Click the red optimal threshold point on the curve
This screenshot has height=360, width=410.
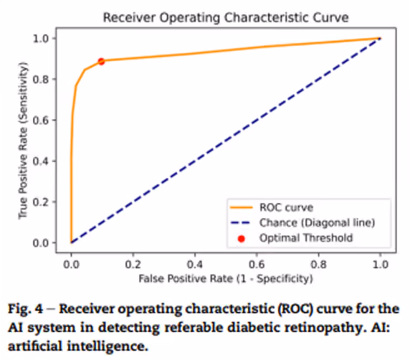tap(101, 62)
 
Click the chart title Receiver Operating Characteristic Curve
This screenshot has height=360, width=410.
tap(226, 18)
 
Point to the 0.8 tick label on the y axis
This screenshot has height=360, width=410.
tap(41, 80)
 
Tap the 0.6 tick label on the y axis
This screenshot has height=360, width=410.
tap(41, 120)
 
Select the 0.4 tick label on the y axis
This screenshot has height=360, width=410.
tap(41, 161)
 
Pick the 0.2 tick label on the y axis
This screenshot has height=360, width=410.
tap(41, 202)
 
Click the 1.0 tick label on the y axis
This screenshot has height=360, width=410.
tap(41, 39)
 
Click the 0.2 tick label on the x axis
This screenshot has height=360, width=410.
tap(133, 265)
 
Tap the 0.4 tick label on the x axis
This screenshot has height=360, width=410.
tap(195, 265)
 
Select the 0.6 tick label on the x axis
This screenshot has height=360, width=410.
tap(257, 265)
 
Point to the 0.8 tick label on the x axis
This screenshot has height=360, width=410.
tap(318, 265)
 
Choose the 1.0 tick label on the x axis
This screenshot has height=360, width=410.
tap(380, 265)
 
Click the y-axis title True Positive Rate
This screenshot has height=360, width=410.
tap(23, 141)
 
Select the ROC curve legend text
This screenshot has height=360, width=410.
tap(286, 207)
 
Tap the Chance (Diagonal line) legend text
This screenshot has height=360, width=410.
tap(317, 222)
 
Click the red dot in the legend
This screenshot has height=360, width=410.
tap(242, 239)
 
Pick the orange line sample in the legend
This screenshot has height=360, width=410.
tap(242, 208)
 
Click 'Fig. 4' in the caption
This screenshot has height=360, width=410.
tap(25, 308)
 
